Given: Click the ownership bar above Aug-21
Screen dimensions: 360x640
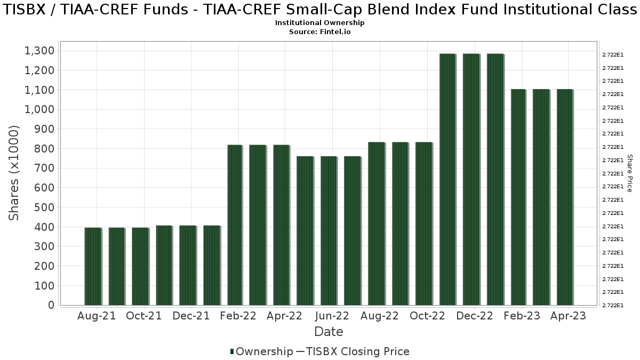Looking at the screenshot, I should coord(93,267).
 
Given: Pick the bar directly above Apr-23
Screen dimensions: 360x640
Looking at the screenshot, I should coord(565,197).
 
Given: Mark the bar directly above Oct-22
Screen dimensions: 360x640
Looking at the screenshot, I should coord(424,224).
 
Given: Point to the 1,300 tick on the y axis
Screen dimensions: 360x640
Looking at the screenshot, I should coord(39,51).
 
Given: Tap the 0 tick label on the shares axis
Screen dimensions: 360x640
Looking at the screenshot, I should coord(51,305).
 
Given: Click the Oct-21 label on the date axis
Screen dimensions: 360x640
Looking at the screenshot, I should coord(143,316).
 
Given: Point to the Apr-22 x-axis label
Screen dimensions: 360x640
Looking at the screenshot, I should coord(284,316).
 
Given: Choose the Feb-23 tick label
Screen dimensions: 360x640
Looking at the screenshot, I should coord(519,316).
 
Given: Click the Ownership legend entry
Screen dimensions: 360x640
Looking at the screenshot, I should coord(261,351).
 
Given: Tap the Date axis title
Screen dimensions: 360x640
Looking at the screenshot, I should coord(329,332).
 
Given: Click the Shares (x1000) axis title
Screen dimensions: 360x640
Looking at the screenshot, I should coord(14,173).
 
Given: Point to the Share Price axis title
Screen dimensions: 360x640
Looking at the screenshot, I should coord(629,173).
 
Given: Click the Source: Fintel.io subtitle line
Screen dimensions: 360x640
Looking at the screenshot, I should coord(320,31).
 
